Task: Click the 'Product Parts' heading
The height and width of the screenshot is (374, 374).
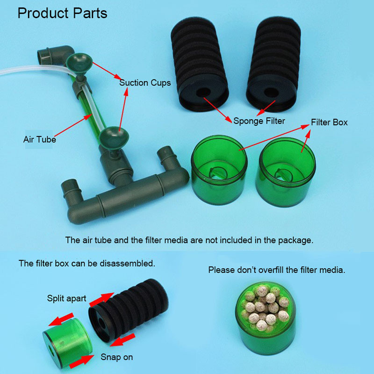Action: point(63,14)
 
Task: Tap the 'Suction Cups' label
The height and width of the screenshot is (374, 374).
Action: point(145,83)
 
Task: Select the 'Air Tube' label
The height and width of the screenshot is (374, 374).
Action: point(40,139)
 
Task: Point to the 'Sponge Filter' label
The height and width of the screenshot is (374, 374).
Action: point(259,121)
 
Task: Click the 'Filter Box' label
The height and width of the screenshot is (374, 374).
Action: point(329,122)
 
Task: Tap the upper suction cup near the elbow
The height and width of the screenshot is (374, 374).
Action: point(79,63)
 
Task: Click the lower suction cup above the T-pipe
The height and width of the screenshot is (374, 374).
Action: point(114,138)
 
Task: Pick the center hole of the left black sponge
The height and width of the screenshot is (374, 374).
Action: point(203,92)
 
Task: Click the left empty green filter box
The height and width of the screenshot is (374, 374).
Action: point(219,170)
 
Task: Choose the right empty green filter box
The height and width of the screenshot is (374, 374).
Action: point(286,172)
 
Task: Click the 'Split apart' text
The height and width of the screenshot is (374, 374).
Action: point(66,298)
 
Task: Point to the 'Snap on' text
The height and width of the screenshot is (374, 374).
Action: point(116,357)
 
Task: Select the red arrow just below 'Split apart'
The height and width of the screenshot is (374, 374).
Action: point(101,299)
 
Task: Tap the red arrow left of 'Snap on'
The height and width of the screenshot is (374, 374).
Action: point(81,362)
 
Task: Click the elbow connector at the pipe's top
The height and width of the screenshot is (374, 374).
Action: point(56,56)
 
